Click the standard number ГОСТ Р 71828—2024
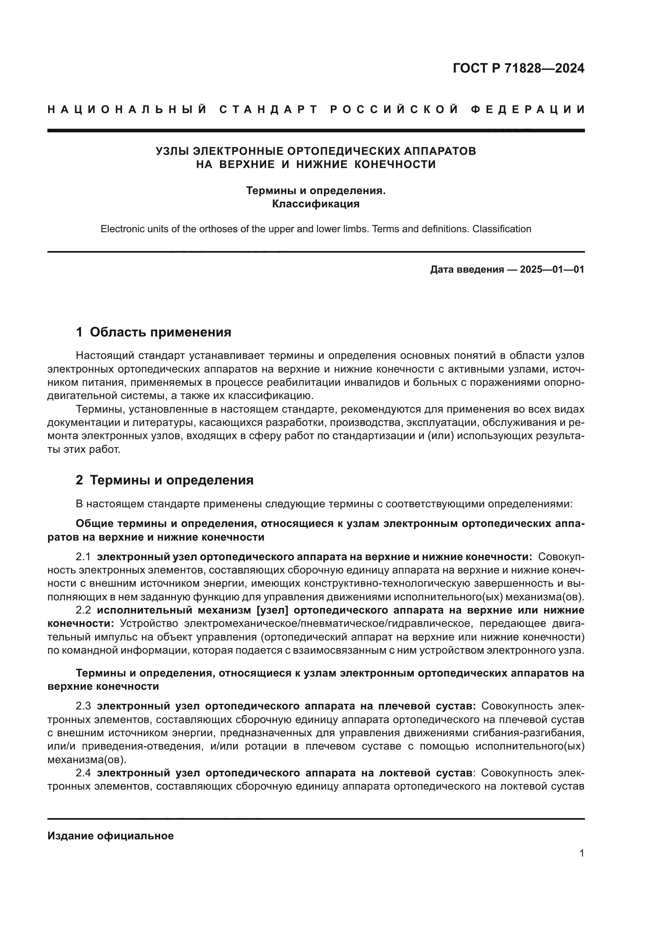(x=518, y=69)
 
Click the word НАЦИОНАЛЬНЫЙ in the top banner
(x=127, y=109)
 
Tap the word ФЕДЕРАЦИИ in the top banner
(x=528, y=109)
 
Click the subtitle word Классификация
(x=316, y=204)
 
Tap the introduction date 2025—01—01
(x=552, y=269)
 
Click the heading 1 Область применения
(x=153, y=332)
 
